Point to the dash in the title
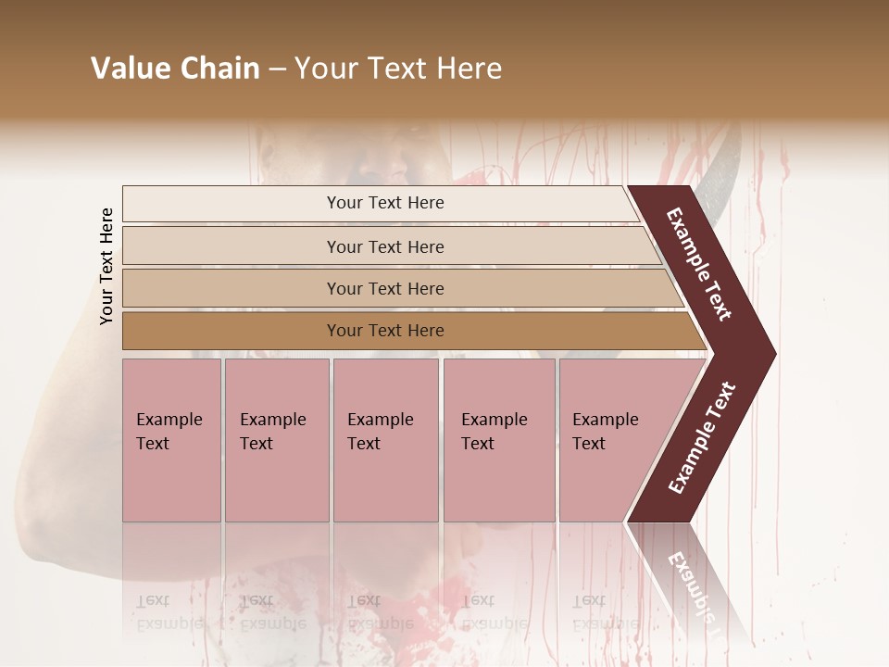277,69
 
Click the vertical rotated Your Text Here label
106,266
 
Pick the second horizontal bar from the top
384,246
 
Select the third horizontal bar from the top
384,288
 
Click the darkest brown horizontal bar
384,331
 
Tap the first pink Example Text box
171,440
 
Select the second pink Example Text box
277,440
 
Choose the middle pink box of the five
385,440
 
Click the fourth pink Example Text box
499,440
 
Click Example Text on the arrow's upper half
699,264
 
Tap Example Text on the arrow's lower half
701,438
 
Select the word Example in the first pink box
169,420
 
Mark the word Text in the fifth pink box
588,444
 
